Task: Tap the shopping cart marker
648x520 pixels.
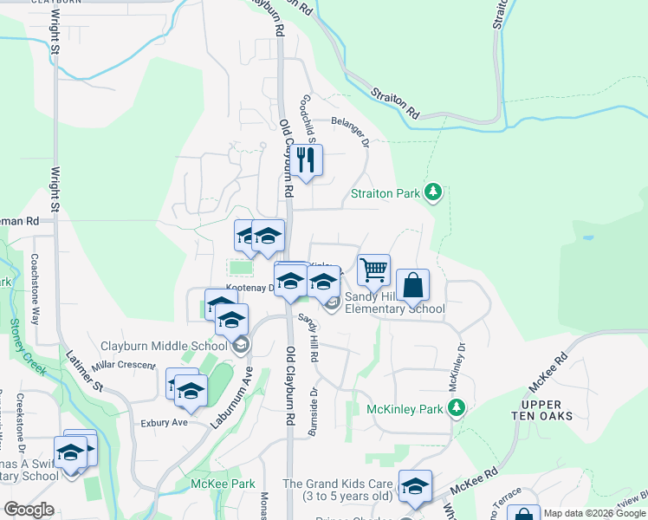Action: click(x=373, y=270)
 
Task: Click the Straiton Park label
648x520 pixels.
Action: click(x=386, y=193)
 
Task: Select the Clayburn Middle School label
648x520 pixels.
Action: click(x=164, y=346)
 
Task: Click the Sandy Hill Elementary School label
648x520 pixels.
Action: click(x=395, y=302)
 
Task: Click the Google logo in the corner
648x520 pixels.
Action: click(x=29, y=510)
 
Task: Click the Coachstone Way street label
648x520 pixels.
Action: click(x=36, y=289)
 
